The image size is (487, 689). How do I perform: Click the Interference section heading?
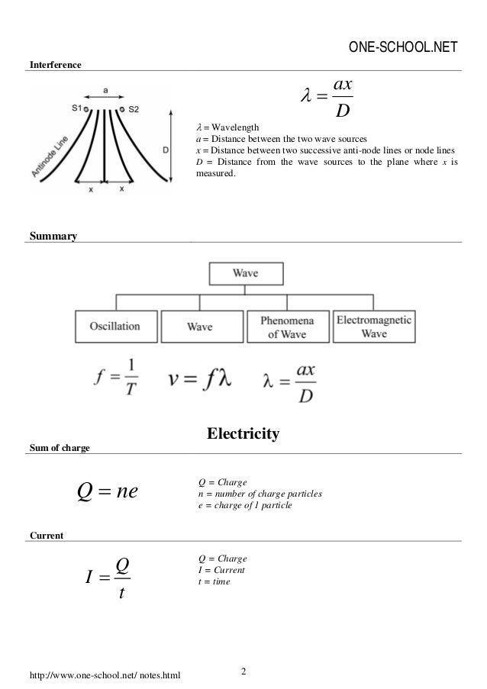[54, 66]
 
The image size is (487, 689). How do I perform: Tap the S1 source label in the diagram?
[76, 108]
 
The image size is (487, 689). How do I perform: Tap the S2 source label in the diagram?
[132, 108]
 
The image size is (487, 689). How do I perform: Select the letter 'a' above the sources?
[105, 90]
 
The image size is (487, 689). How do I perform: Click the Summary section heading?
[52, 237]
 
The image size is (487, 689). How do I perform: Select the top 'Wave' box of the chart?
[245, 273]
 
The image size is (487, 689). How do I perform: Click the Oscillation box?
[116, 326]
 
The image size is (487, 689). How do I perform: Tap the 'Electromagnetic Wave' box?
[374, 326]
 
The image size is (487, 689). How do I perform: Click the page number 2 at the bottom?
[243, 671]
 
